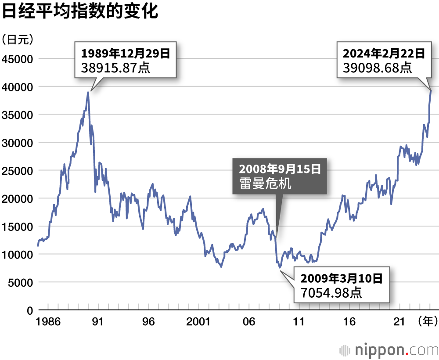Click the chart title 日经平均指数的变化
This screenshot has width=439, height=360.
tap(80, 12)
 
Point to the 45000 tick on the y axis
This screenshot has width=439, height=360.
tap(18, 59)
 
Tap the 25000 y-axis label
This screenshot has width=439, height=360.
tap(18, 171)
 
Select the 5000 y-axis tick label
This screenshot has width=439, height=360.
tap(20, 283)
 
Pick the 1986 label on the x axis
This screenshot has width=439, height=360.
tap(49, 322)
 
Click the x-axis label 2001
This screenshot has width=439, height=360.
tap(198, 322)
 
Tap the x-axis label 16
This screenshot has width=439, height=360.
tap(349, 322)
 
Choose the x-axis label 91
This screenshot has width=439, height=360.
tap(98, 322)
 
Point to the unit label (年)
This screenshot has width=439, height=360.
tap(427, 322)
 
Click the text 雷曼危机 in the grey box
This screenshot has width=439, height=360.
tap(265, 184)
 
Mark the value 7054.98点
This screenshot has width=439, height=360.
tap(331, 292)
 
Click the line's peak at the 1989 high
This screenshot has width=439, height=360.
tap(88, 92)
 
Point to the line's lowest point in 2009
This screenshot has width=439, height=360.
tap(280, 267)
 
